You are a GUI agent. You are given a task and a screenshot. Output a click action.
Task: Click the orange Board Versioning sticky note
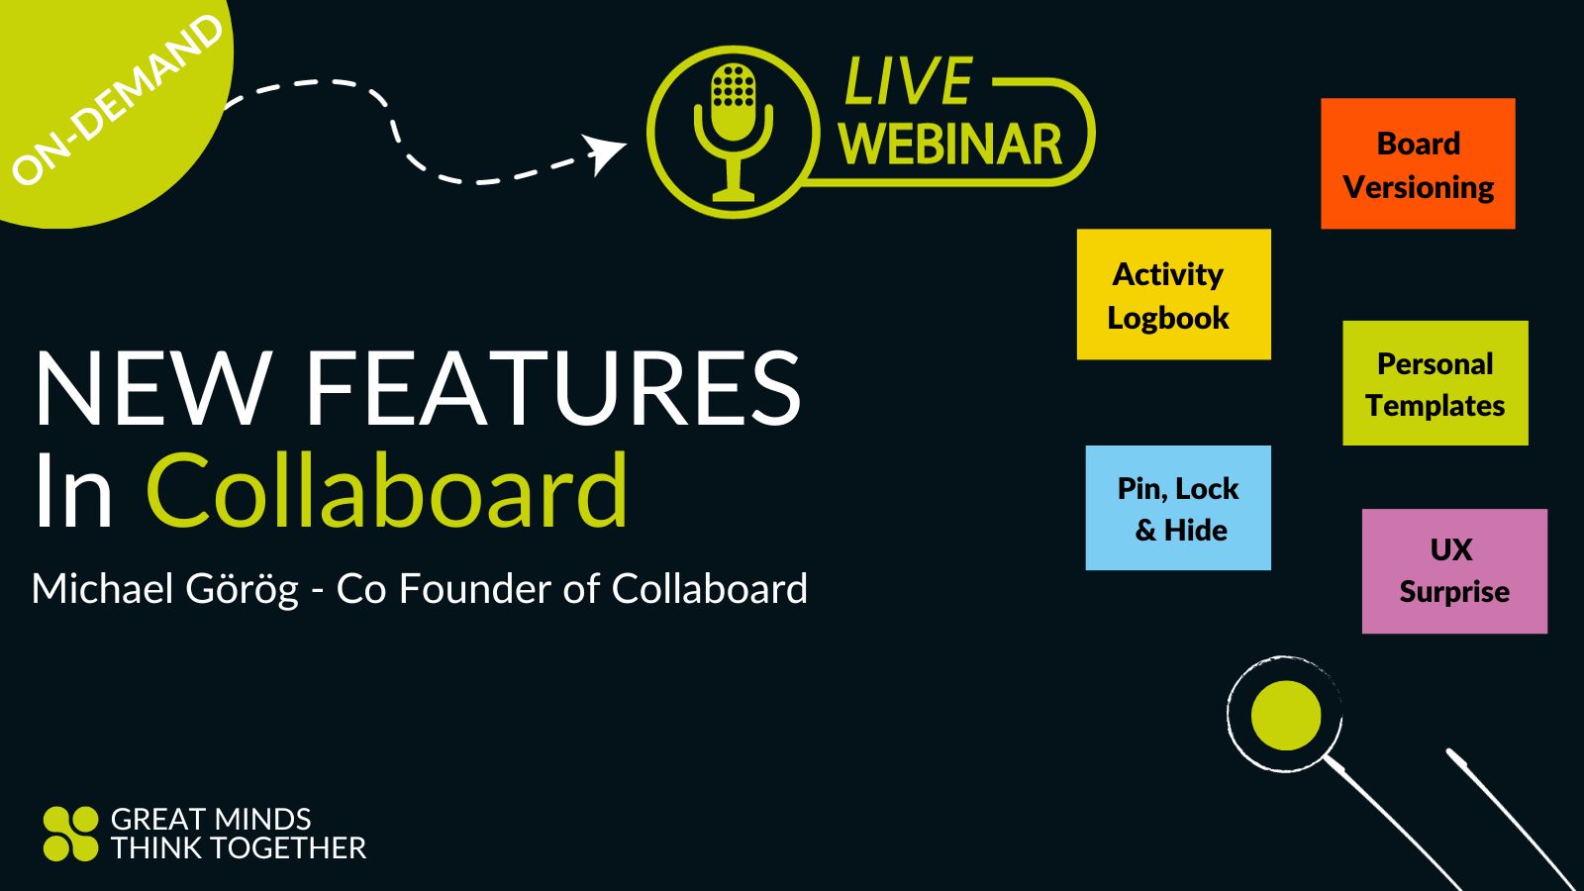pyautogui.click(x=1418, y=164)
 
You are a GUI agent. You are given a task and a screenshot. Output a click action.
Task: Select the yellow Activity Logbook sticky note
pyautogui.click(x=1173, y=295)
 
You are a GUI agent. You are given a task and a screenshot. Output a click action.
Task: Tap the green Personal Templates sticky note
pyautogui.click(x=1435, y=384)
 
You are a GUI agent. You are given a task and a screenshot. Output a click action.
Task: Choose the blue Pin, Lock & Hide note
pyautogui.click(x=1177, y=508)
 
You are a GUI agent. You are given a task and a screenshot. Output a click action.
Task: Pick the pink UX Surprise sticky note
pyautogui.click(x=1453, y=571)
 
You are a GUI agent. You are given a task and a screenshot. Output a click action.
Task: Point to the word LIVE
pyautogui.click(x=908, y=81)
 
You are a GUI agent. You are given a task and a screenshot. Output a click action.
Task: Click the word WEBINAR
pyautogui.click(x=950, y=146)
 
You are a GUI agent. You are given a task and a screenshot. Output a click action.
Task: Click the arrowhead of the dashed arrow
pyautogui.click(x=605, y=151)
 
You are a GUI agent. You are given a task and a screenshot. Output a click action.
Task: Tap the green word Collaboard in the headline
pyautogui.click(x=387, y=491)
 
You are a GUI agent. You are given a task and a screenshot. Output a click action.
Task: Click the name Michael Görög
pyautogui.click(x=164, y=589)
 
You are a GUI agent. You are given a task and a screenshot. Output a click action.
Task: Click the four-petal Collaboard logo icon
pyautogui.click(x=70, y=834)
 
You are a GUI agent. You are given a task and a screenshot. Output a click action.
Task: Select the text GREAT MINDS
pyautogui.click(x=211, y=820)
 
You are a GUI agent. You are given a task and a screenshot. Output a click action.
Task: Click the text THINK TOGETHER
pyautogui.click(x=238, y=848)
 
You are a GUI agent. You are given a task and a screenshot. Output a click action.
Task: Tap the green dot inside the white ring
pyautogui.click(x=1285, y=715)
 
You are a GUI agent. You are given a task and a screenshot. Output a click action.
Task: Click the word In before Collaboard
pyautogui.click(x=73, y=491)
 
